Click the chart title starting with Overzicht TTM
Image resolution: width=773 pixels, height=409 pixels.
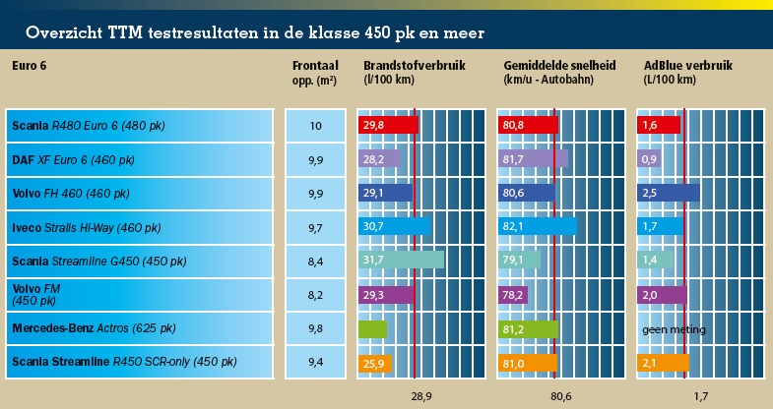[x=255, y=32]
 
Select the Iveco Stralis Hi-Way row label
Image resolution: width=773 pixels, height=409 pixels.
[x=87, y=227]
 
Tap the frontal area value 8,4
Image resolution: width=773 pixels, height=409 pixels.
[x=315, y=261]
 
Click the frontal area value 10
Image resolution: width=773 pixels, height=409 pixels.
[x=315, y=126]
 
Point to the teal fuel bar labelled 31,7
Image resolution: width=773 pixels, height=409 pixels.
[x=401, y=261]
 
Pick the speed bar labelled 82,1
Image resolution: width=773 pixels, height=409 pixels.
[x=539, y=227]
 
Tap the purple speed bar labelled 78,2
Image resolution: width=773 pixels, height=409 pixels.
[x=515, y=294]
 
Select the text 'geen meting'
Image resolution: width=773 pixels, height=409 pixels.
[x=675, y=328]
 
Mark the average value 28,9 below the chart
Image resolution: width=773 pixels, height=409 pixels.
[x=421, y=396]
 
